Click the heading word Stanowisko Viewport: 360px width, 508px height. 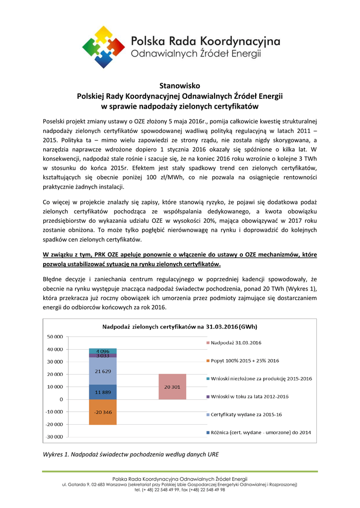pos(180,86)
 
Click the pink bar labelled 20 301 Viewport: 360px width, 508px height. pos(172,386)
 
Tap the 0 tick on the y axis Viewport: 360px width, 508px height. pos(61,399)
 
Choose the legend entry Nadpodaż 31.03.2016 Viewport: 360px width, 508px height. pos(236,343)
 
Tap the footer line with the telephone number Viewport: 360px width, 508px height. pos(180,489)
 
